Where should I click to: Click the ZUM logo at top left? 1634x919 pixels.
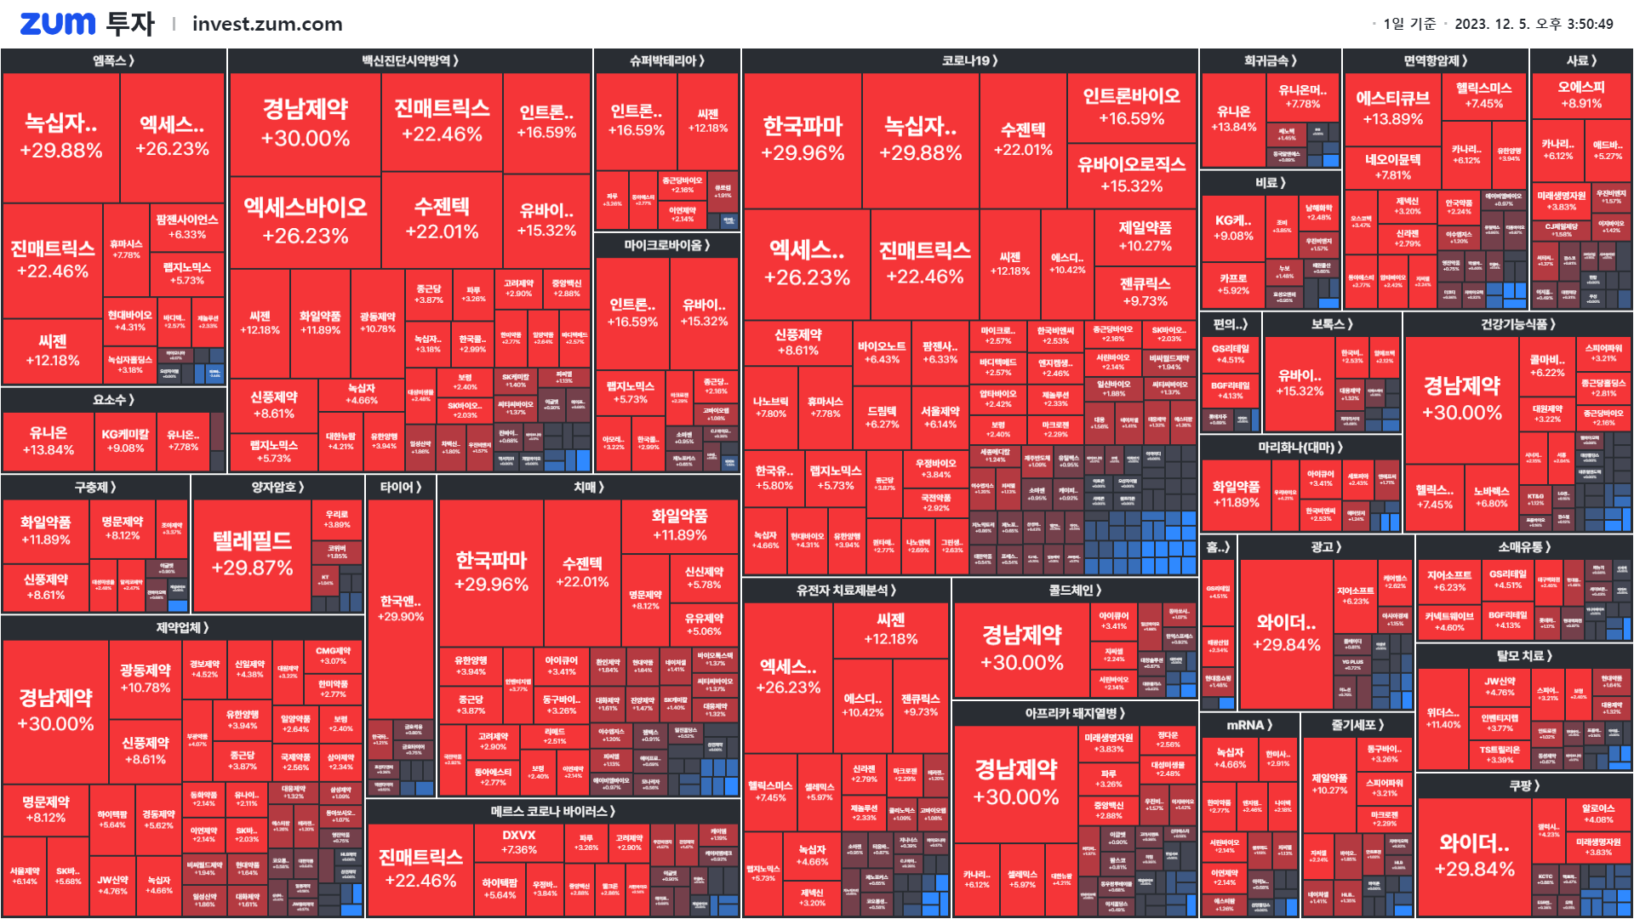[x=57, y=24]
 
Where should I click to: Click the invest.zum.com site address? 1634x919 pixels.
[x=267, y=24]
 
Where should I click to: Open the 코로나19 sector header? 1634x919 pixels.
[x=969, y=60]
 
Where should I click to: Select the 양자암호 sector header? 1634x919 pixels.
[x=277, y=487]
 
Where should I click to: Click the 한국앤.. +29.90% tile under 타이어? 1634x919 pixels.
[x=401, y=608]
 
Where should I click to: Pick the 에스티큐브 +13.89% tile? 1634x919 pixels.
[x=1392, y=107]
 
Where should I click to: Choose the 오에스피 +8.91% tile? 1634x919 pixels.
[x=1581, y=94]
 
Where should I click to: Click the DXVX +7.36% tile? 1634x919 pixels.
[x=519, y=842]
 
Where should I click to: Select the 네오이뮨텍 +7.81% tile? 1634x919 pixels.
[x=1392, y=167]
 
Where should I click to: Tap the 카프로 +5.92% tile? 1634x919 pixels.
[x=1233, y=284]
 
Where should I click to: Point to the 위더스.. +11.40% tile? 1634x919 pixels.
[x=1443, y=718]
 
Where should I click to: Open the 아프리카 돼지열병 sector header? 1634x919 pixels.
[x=1075, y=713]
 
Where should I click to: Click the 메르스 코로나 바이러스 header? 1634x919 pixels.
[x=552, y=811]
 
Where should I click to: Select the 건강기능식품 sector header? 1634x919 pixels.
[x=1517, y=323]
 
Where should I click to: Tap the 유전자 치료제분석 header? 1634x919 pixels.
[x=846, y=590]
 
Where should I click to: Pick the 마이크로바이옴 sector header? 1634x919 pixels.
[x=666, y=245]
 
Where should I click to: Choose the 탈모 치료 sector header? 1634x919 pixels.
[x=1524, y=655]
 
